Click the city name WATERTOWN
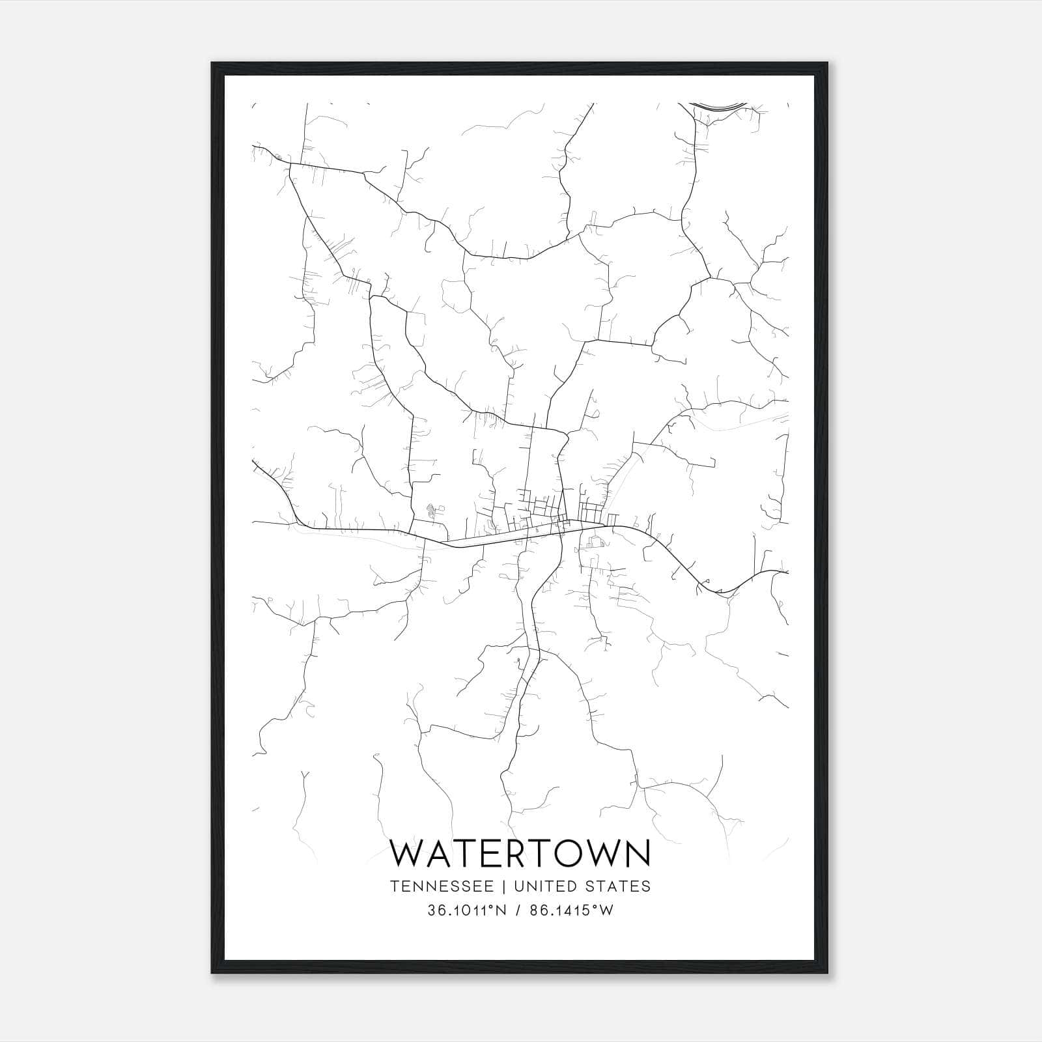[520, 854]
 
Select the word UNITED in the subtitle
[544, 886]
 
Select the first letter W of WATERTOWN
[408, 854]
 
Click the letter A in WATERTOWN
[442, 854]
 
